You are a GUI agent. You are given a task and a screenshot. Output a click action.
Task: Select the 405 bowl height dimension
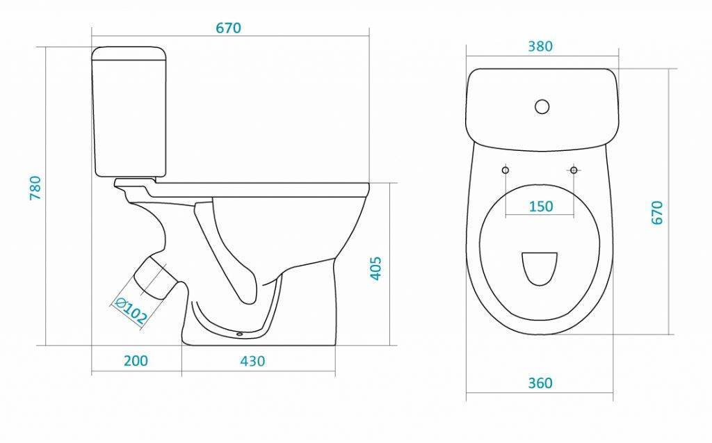376,268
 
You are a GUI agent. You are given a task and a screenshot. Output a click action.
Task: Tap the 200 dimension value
136,361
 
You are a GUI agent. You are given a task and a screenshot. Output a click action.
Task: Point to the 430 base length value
252,361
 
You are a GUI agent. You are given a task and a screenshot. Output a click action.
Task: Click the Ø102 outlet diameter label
130,311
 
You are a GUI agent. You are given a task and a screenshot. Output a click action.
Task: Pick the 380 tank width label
540,47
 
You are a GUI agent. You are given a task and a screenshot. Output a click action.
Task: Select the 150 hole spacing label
541,207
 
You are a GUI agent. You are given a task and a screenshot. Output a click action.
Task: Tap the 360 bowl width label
540,383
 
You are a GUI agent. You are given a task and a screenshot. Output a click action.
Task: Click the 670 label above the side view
228,29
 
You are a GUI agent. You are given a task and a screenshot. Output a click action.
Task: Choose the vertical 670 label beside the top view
657,212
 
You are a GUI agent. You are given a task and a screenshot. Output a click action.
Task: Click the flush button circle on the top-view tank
542,106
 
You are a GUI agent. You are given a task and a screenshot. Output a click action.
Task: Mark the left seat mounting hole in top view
505,170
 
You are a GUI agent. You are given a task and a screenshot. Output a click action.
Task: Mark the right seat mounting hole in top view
574,170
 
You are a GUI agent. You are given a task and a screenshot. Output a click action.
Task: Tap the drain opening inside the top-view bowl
540,269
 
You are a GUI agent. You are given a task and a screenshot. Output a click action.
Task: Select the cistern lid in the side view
129,53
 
